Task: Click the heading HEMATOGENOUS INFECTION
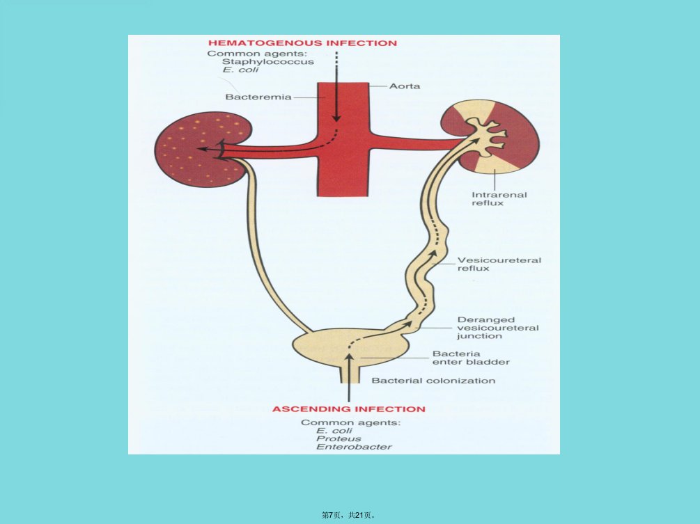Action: pyautogui.click(x=302, y=43)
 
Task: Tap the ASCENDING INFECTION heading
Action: pyautogui.click(x=349, y=409)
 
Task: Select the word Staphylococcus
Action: pyautogui.click(x=268, y=61)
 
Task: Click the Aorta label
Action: pyautogui.click(x=405, y=86)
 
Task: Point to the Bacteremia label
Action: pyautogui.click(x=258, y=97)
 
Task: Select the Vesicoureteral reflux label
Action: pyautogui.click(x=499, y=264)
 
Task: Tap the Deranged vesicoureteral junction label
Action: pyautogui.click(x=498, y=328)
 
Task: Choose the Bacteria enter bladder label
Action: pyautogui.click(x=471, y=358)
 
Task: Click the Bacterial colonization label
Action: pyautogui.click(x=433, y=381)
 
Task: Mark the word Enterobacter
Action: pyautogui.click(x=354, y=446)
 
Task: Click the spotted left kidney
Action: pyautogui.click(x=202, y=149)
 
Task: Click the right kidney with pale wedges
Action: pyautogui.click(x=490, y=137)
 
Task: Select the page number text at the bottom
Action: pyautogui.click(x=349, y=515)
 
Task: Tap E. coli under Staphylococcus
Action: pyautogui.click(x=240, y=70)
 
